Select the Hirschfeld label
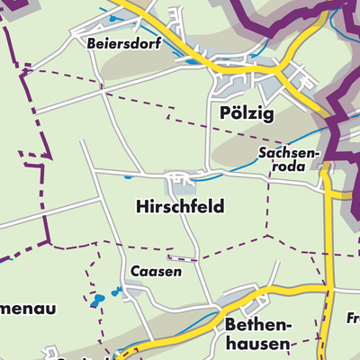(x=179, y=206)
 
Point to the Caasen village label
(x=156, y=271)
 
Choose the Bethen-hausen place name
(x=258, y=332)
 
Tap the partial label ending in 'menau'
(x=27, y=309)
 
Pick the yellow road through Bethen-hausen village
(x=270, y=296)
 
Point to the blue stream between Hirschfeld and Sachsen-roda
(x=236, y=162)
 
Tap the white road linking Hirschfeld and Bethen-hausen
(x=200, y=256)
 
